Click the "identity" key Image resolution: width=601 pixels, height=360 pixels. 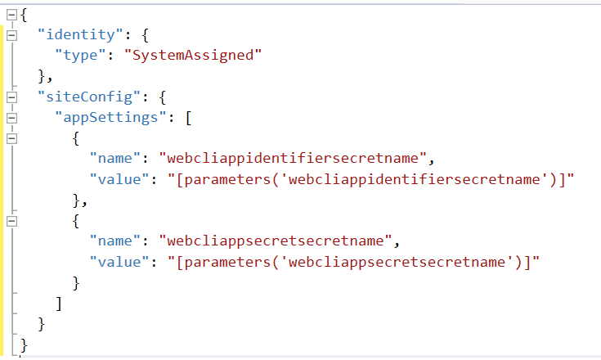coord(80,35)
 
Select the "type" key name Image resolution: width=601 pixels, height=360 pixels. coord(80,55)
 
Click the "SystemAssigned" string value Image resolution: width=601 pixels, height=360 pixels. coord(193,55)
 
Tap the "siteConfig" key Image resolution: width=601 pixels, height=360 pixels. coord(89,97)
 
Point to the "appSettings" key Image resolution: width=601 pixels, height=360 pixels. coord(110,117)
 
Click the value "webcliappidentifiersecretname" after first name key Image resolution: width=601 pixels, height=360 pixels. coord(293,159)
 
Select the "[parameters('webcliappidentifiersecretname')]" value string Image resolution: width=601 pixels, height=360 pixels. coord(371,179)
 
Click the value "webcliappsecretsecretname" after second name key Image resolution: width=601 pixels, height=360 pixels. coord(276,241)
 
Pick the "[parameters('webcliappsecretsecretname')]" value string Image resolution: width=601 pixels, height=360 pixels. coord(353,263)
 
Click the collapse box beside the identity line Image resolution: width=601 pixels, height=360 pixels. coord(12,35)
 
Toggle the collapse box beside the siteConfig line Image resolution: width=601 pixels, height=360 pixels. coord(12,97)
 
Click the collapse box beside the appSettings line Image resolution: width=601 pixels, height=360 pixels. coord(12,118)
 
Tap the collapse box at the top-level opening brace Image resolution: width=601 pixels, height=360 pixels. coord(12,15)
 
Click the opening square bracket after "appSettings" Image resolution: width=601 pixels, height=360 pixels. coord(189,118)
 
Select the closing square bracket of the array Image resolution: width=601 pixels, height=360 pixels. coord(59,304)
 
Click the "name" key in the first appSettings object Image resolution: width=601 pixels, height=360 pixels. coord(115,159)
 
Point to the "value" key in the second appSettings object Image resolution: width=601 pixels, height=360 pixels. coord(119,263)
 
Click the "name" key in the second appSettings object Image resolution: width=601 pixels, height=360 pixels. coord(115,241)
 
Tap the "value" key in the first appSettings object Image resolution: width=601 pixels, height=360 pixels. coord(119,179)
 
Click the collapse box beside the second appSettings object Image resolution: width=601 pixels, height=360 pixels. coord(12,221)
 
